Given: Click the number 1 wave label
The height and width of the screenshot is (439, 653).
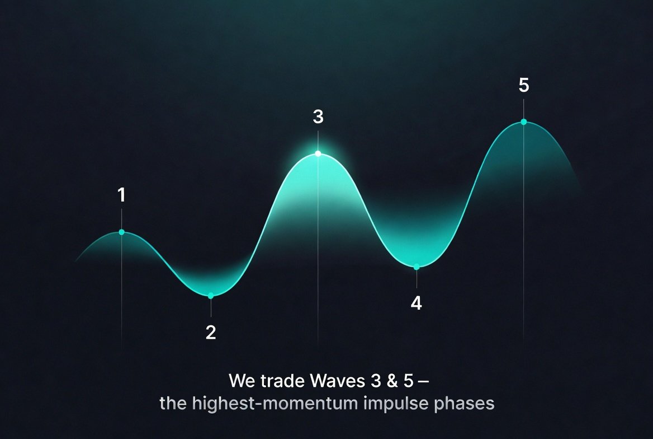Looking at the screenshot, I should click(121, 195).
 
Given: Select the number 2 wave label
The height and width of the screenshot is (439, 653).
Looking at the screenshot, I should click(211, 333).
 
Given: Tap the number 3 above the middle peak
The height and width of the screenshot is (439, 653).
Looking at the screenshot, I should click(318, 117).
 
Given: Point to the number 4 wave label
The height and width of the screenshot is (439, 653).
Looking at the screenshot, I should click(416, 303).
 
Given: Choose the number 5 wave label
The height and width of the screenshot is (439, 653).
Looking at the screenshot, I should click(523, 86).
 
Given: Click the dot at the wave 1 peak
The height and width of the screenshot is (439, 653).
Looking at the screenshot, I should click(121, 232).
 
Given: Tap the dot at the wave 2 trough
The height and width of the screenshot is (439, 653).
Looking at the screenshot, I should click(211, 296).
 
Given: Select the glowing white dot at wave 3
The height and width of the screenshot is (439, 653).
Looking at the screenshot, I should click(318, 153).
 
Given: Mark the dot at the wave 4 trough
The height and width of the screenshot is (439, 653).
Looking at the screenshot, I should click(416, 267).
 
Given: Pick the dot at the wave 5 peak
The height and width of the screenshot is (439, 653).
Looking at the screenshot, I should click(523, 122).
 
